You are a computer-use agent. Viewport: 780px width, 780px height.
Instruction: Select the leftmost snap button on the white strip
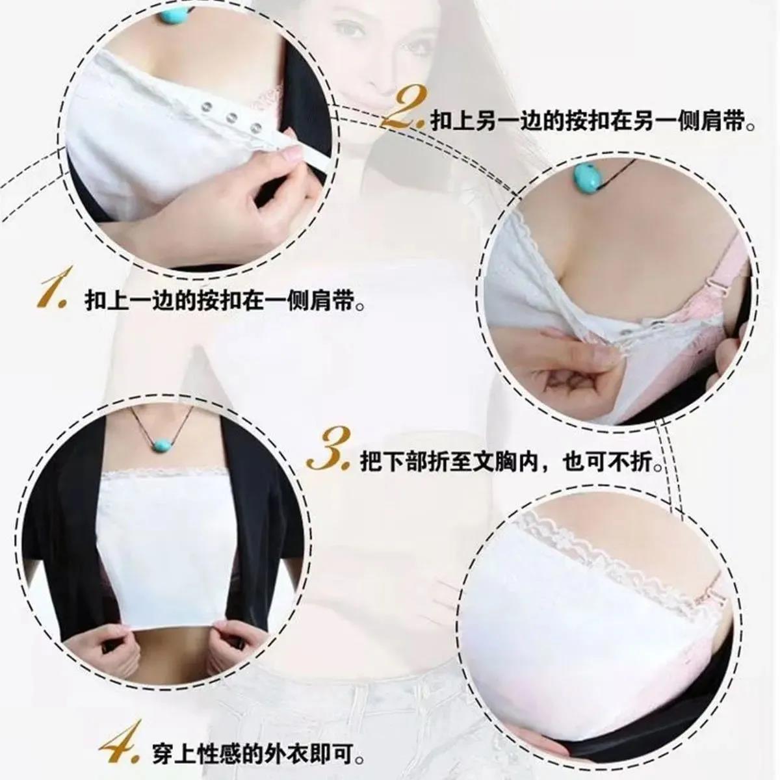[x=207, y=107]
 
